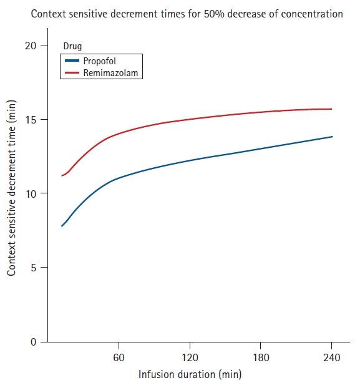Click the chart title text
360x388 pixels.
187,13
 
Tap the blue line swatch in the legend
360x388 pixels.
72,62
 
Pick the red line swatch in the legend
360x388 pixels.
72,73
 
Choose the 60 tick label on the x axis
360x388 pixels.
119,357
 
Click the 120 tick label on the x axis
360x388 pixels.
190,357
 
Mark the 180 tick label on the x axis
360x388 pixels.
261,357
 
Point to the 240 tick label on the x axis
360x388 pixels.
331,357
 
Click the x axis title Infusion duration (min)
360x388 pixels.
189,374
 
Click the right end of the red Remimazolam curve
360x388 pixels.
331,109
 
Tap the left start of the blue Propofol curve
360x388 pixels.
62,226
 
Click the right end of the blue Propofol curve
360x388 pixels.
332,137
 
